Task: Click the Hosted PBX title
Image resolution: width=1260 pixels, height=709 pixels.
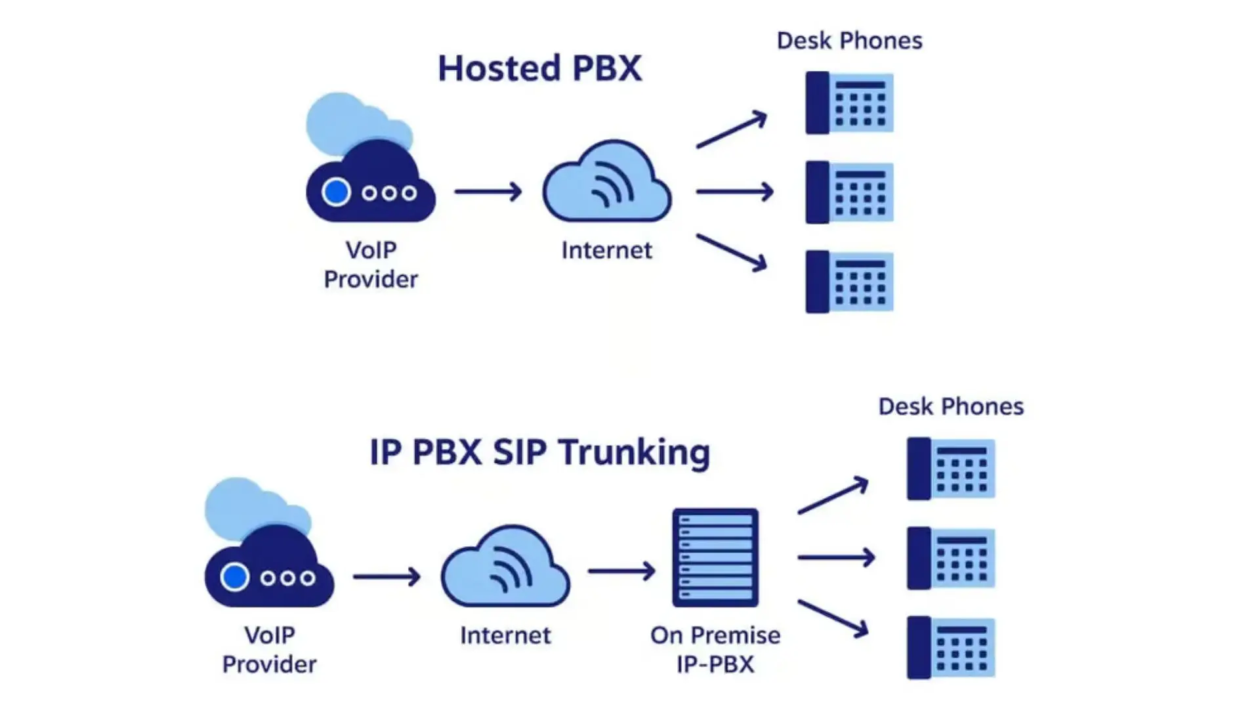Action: pos(539,68)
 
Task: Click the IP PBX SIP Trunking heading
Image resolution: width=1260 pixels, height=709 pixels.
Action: pos(539,452)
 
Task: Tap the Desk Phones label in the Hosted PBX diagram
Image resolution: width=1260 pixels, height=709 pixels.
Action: pos(849,41)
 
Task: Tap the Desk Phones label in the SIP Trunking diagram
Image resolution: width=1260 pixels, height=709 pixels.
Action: pos(951,406)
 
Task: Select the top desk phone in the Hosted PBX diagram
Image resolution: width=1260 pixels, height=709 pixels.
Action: pos(849,103)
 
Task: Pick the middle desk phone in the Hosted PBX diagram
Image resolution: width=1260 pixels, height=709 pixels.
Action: pos(849,192)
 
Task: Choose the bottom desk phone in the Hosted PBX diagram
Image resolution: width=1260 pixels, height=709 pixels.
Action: pos(849,282)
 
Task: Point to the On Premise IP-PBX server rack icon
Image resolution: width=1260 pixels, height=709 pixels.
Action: pos(715,557)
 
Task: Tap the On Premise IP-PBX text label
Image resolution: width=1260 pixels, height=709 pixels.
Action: pos(715,649)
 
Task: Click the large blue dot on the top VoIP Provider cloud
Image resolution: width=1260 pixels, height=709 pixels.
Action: pos(336,192)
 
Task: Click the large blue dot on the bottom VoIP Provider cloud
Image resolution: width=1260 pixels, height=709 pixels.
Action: pos(234,577)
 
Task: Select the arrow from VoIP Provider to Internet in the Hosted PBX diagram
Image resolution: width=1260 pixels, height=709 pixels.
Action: pos(488,192)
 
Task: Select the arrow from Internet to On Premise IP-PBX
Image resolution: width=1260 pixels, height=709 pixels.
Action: pos(621,571)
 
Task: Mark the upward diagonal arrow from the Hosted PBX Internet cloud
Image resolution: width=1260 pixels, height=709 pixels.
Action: pos(731,130)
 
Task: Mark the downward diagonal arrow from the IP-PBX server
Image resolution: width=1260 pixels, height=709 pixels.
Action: pos(833,618)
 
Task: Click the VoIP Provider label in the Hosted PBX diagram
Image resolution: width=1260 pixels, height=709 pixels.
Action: pos(371,265)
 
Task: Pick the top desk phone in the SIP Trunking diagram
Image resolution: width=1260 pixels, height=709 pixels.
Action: pos(951,469)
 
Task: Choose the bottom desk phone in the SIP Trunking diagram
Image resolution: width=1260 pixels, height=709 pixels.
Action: pos(951,647)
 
